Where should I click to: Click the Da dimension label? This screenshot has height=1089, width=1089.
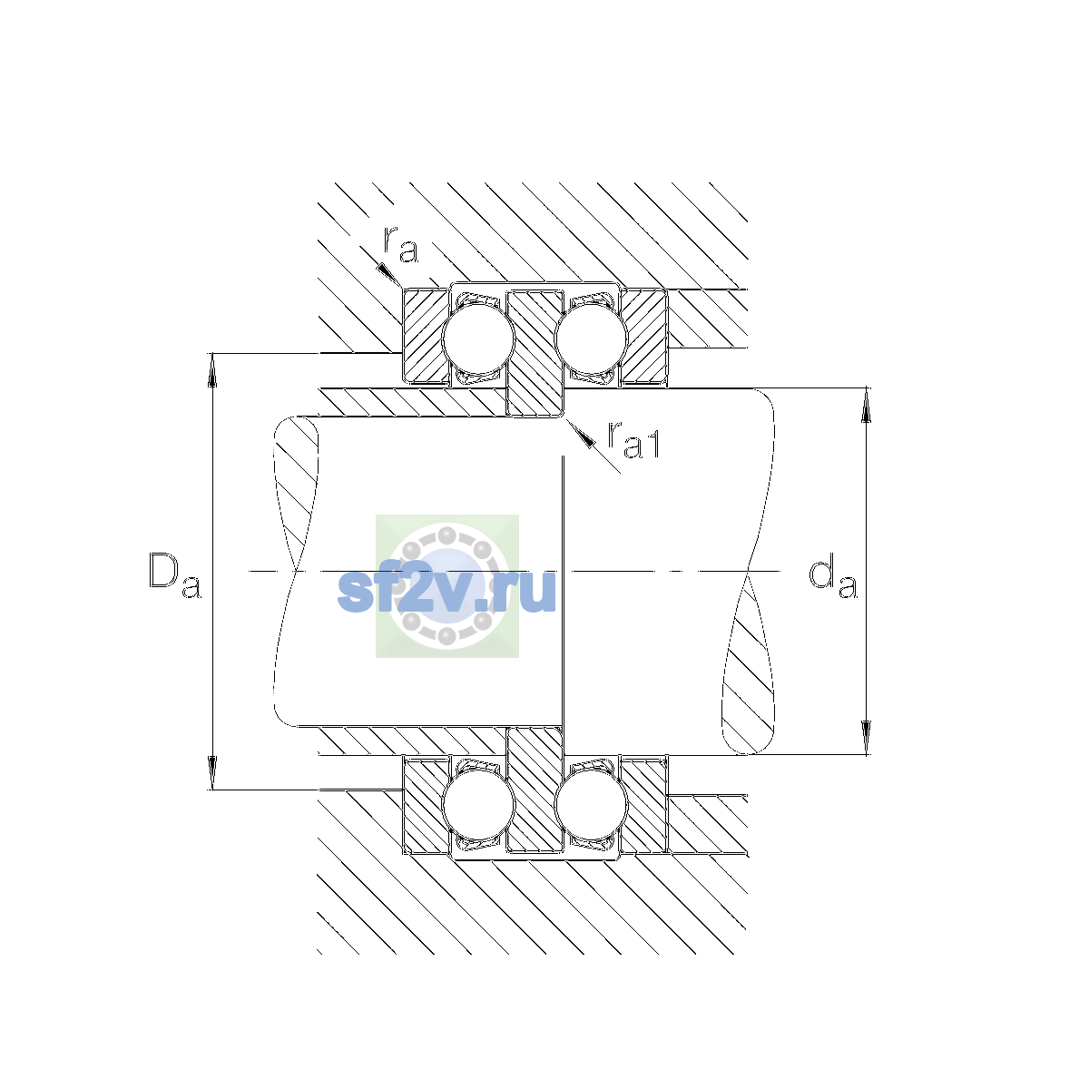[x=174, y=575]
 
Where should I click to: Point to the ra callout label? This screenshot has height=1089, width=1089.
[x=401, y=245]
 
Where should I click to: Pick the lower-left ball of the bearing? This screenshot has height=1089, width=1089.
[x=478, y=805]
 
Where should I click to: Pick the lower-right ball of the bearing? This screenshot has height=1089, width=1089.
[x=591, y=805]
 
